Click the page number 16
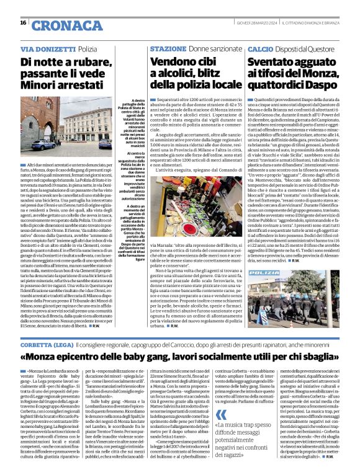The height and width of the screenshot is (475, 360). tap(23, 22)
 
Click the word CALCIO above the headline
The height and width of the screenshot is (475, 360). tap(260, 48)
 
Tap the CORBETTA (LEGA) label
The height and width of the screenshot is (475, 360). tap(48, 344)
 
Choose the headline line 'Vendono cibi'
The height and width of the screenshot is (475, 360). tap(181, 62)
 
